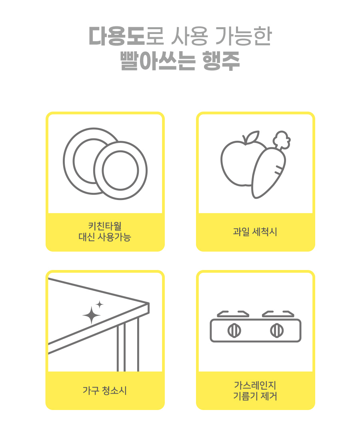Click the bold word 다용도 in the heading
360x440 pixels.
point(117,36)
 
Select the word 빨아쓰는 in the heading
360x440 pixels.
point(158,61)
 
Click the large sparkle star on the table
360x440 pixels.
point(92,316)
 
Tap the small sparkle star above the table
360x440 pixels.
point(99,304)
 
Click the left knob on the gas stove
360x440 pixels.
point(234,330)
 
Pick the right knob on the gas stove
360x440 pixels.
point(277,330)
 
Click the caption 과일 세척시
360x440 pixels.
point(255,232)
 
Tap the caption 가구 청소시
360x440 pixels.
point(105,390)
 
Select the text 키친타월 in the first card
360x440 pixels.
point(105,226)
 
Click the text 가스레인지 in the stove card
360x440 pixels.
point(255,385)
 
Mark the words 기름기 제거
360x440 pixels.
point(255,396)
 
